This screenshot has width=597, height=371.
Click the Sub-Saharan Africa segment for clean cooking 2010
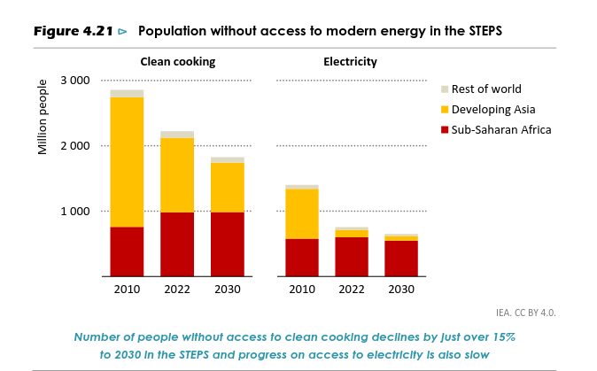coord(127,252)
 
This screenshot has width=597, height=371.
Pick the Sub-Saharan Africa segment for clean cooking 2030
coord(228,244)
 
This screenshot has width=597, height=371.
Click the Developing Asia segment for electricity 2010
coord(302,214)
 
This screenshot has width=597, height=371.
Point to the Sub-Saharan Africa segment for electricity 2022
coord(352,257)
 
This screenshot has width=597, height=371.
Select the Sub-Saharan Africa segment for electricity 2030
coord(401,259)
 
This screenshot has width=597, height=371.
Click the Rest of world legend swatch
coord(445,89)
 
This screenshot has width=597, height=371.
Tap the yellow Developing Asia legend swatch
coord(445,110)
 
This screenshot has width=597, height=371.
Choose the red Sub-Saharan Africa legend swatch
coord(445,130)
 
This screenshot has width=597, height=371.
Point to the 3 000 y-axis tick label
coord(74,81)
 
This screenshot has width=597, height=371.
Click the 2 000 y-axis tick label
coord(74,146)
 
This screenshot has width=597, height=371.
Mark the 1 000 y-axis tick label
coord(74,212)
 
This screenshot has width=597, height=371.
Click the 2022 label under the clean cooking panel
coord(177,290)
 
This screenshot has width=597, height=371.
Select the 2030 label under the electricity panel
coord(401,290)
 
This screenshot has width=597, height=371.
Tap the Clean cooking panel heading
coord(177,62)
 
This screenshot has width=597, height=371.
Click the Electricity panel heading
coord(351,62)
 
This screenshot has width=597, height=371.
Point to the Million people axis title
coord(43,117)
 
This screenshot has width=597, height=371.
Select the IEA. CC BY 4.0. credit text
coord(526,313)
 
